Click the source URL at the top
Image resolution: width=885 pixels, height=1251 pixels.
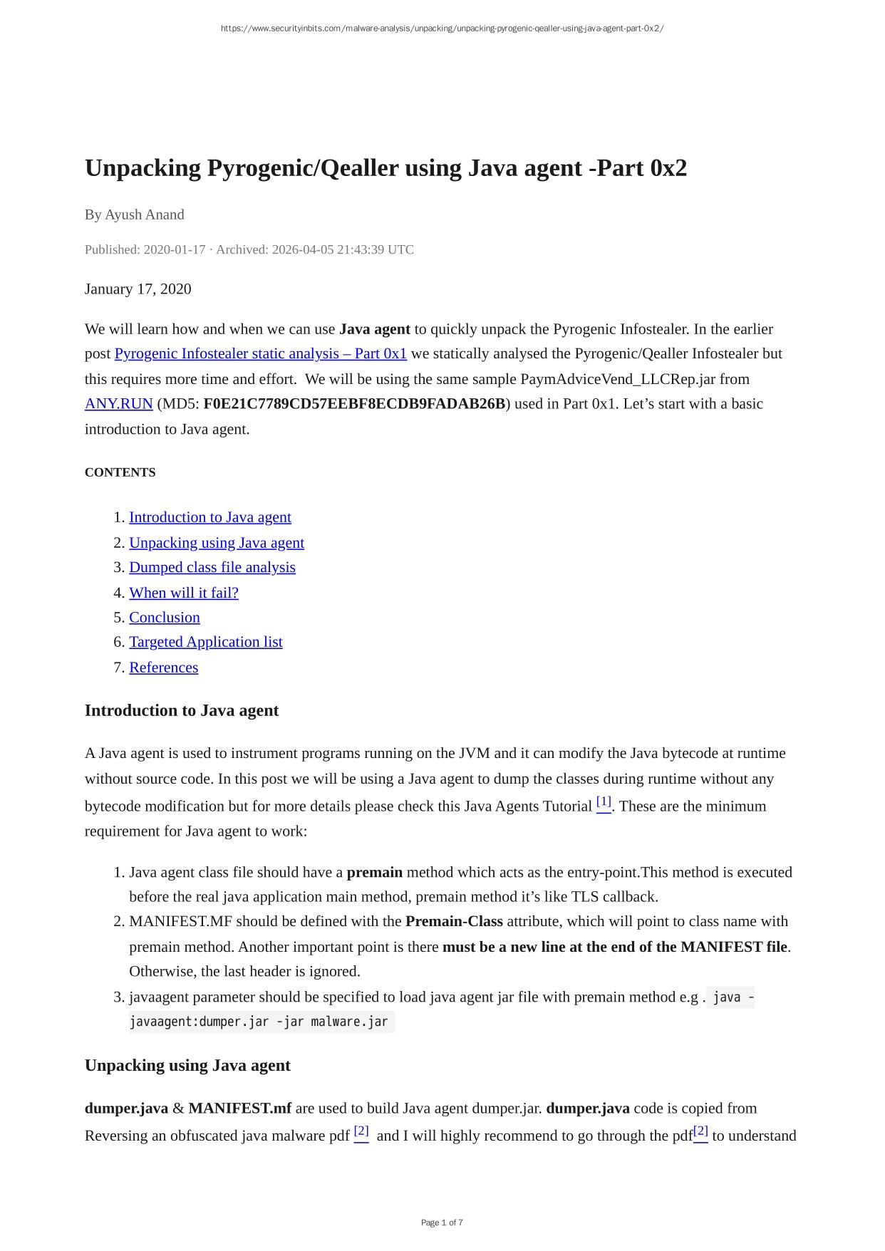442,28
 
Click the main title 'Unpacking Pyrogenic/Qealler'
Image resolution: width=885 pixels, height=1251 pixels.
385,168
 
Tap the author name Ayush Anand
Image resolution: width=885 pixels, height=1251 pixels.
144,214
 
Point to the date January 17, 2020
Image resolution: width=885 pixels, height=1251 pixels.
138,289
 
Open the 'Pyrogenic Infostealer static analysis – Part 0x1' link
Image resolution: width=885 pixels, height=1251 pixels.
260,353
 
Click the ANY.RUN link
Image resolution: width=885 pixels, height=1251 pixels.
118,403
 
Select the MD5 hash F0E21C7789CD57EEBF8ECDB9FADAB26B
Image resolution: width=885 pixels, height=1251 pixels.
354,403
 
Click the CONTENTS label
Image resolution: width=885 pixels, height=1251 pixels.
120,472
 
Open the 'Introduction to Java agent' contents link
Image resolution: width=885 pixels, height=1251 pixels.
209,517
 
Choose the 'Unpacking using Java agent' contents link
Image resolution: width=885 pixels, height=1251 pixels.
216,542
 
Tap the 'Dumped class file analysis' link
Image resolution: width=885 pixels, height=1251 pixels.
212,567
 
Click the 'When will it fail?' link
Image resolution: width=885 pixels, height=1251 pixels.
183,592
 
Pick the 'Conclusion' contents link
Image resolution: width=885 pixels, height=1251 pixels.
164,617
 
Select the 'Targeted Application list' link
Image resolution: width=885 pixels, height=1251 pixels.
205,642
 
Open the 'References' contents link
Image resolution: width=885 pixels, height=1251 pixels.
163,667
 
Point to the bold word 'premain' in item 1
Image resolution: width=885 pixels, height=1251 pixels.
374,872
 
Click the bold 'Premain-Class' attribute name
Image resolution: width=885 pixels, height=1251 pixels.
454,921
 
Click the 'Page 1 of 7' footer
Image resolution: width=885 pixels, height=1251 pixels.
442,1223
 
